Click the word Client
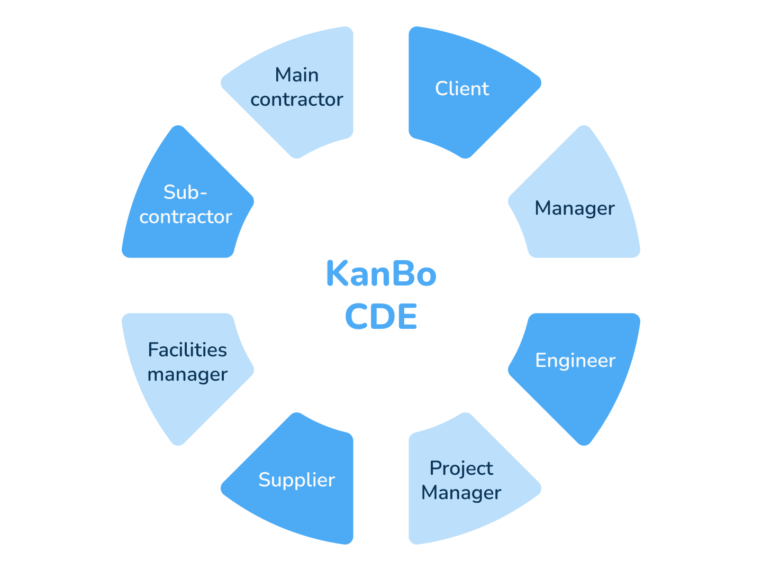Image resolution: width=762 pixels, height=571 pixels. point(462,88)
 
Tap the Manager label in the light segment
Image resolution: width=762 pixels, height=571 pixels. point(575,208)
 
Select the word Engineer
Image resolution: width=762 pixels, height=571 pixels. point(575,360)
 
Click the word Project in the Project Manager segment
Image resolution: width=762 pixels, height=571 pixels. point(461,468)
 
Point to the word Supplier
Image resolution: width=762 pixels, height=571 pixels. point(296,480)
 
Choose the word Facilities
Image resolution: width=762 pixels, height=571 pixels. point(187,349)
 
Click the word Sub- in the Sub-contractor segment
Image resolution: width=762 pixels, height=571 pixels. point(185,192)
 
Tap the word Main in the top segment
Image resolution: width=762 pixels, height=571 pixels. point(297,75)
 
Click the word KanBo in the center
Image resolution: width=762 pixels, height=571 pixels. point(381,274)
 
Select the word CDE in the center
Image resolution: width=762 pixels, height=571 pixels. point(381,316)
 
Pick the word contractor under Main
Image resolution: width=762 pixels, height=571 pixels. point(297,99)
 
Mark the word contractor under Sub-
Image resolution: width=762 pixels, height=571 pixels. point(186,217)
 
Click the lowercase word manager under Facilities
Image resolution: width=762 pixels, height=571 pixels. point(187,374)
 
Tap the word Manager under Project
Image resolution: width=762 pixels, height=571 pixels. point(461,493)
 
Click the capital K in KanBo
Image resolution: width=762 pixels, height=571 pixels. point(337,274)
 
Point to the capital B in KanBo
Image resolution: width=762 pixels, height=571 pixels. point(404,274)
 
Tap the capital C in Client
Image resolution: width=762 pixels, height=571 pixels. point(442,88)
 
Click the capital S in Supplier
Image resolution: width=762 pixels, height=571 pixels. point(264,480)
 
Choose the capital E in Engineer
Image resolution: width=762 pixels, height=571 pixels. point(541,360)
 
